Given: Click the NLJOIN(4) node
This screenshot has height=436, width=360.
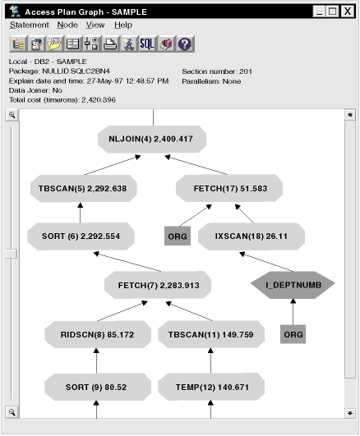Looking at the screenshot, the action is coord(152,139).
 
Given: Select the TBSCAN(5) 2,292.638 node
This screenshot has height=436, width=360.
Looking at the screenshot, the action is coord(84,189).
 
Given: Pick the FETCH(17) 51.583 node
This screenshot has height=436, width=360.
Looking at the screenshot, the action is coord(229,189).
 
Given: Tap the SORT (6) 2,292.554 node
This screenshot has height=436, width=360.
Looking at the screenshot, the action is coord(81,236).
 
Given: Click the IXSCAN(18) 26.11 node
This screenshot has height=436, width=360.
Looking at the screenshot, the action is coord(252,236).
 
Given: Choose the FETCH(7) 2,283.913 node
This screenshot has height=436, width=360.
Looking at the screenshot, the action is coord(158,285).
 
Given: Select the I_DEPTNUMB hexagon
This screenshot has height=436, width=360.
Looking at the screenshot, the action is coord(293,285).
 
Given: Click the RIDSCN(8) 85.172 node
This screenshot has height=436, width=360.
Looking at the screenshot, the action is coord(98,334).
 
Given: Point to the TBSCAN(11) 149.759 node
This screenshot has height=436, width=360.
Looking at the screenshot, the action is coord(211,334).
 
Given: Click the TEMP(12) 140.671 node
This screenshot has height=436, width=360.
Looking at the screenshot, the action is coord(211,387).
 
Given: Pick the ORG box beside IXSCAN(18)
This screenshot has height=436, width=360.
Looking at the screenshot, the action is coord(178,236).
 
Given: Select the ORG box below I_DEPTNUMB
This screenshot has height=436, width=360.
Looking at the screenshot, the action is coord(293,334).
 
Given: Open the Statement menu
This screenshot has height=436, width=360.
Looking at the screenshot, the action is coord(30,25).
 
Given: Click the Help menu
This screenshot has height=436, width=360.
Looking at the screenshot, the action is coord(123,25).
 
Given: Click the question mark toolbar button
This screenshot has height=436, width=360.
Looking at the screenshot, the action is coord(185,44).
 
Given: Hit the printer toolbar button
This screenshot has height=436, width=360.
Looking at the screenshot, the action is coord(110,44).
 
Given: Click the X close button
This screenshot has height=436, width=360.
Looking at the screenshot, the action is coord(348,11).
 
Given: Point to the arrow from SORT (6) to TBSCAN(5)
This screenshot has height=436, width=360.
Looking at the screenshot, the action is coord(81,213).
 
